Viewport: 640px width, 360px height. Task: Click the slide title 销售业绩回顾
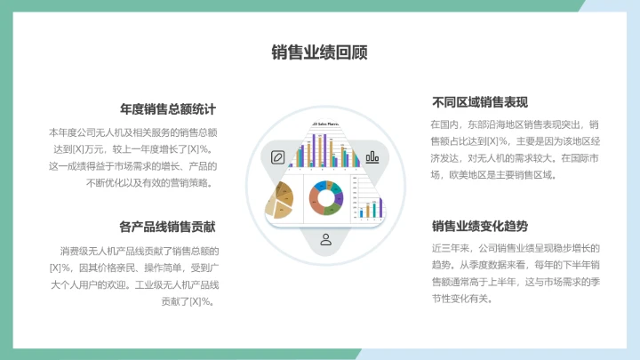click(319, 52)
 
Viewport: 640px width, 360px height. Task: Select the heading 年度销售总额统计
click(168, 109)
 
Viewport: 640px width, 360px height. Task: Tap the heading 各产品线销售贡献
click(168, 226)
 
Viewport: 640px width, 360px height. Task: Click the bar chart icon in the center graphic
click(372, 157)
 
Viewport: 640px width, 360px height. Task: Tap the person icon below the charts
click(325, 239)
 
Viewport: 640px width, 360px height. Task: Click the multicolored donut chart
click(326, 196)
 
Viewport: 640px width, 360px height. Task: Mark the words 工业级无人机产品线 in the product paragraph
click(177, 284)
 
